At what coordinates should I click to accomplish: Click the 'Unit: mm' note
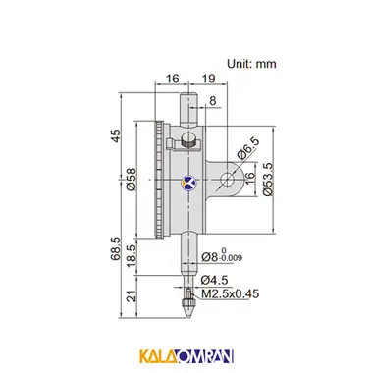[251, 63]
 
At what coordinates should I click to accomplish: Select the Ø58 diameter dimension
[131, 180]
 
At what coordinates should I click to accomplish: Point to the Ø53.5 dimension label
[268, 180]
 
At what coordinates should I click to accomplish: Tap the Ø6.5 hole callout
[248, 148]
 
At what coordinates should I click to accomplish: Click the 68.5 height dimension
[115, 248]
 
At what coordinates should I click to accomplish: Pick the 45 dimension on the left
[115, 135]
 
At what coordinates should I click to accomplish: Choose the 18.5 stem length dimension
[132, 257]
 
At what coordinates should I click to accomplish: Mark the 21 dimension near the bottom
[132, 297]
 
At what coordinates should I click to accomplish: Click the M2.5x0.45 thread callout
[231, 293]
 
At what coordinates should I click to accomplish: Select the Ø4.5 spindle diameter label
[215, 280]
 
